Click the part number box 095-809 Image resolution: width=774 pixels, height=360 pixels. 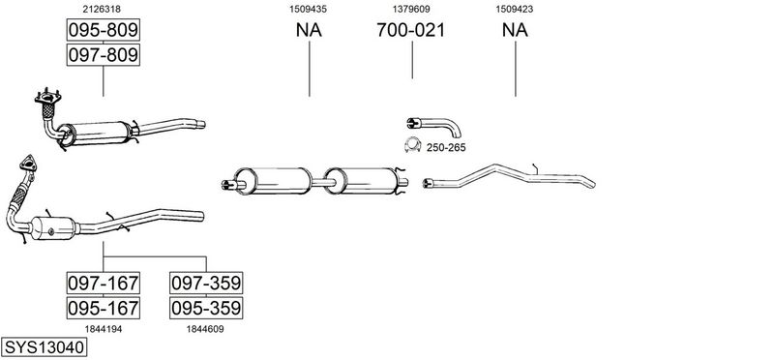click(x=104, y=30)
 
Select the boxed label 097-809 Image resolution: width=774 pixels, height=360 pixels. click(x=104, y=55)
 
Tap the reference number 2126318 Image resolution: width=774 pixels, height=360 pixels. click(x=102, y=9)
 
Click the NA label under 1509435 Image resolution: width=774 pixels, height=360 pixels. click(x=309, y=30)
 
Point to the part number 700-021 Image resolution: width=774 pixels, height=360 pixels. click(x=410, y=30)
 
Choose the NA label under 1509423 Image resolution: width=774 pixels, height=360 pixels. click(x=515, y=30)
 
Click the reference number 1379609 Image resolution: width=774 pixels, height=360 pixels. click(x=411, y=9)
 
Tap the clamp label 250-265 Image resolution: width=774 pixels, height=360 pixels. click(x=446, y=148)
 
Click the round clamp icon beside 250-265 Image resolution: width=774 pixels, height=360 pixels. click(x=412, y=145)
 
